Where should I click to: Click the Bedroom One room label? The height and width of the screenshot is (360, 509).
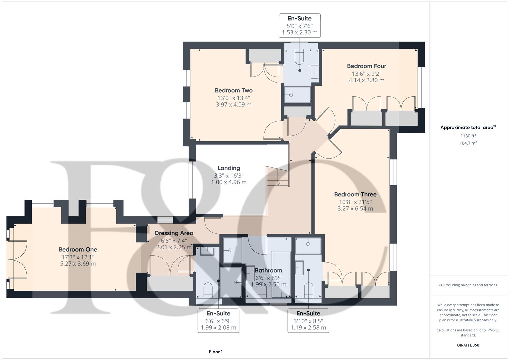78,249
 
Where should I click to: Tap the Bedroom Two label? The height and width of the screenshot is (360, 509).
233,90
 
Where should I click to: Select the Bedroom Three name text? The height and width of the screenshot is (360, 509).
355,194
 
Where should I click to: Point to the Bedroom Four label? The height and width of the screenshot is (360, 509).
366,66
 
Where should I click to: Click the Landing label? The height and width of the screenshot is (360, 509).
229,168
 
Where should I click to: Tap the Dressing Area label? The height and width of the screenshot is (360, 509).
174,233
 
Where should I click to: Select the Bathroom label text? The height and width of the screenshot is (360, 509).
268,270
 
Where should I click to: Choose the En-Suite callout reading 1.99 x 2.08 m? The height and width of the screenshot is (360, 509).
218,320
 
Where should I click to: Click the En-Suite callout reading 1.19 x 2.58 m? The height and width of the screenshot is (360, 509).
308,320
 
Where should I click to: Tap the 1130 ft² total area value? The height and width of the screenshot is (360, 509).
468,136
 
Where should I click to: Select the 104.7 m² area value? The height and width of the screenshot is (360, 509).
468,143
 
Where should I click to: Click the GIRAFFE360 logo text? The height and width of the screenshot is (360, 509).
468,345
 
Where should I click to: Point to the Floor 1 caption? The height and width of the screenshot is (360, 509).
216,352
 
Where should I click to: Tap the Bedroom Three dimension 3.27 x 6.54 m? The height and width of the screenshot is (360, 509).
355,209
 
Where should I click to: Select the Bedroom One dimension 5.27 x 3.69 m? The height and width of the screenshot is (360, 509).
78,264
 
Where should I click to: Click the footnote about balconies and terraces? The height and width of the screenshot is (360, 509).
468,285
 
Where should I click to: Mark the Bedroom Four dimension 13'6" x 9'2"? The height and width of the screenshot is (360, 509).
366,74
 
